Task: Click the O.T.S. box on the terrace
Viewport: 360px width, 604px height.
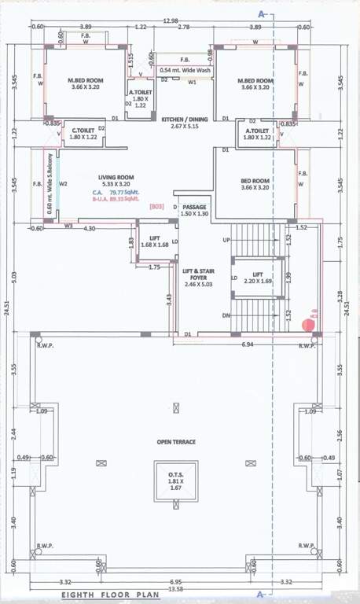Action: (x=175, y=480)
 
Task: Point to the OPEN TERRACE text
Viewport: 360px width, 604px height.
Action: (x=175, y=441)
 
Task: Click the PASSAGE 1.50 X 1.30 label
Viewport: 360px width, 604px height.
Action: (x=194, y=210)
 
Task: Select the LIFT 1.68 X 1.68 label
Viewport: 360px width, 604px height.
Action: (x=153, y=241)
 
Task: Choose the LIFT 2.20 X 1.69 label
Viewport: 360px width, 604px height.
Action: (x=257, y=278)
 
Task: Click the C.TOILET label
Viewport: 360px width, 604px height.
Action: (x=83, y=134)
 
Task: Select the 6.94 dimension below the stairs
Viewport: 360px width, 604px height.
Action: (x=247, y=344)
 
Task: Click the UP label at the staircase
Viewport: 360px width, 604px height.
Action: (x=226, y=238)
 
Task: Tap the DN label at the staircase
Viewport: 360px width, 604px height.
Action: (x=226, y=315)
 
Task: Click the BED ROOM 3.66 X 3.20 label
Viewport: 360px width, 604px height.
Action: (x=255, y=185)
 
